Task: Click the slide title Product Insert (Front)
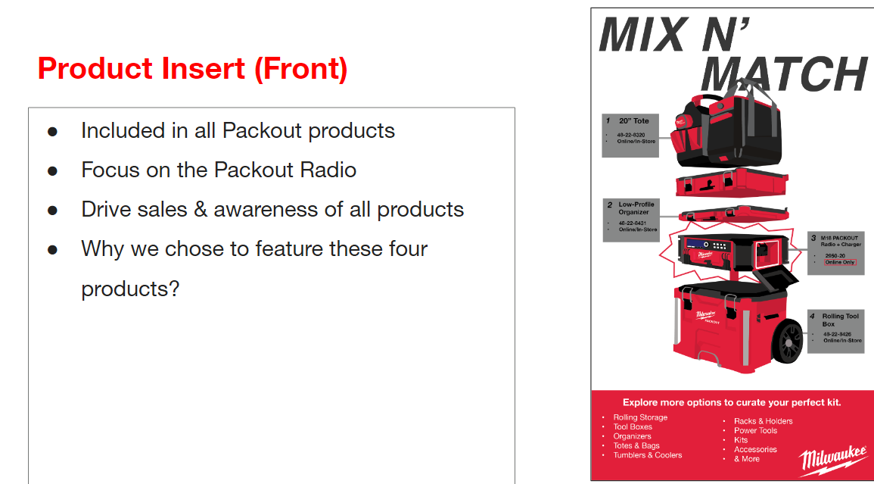192,69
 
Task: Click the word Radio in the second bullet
327,170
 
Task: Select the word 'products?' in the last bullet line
130,289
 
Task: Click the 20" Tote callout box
630,135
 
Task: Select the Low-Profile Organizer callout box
630,220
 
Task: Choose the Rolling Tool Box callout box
835,330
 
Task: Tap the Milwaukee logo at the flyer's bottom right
833,459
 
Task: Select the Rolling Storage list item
640,417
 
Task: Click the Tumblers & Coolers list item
647,455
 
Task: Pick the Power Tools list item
754,430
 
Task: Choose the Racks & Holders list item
763,421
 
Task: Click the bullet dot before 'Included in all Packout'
52,131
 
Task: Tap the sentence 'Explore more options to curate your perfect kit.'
731,402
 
